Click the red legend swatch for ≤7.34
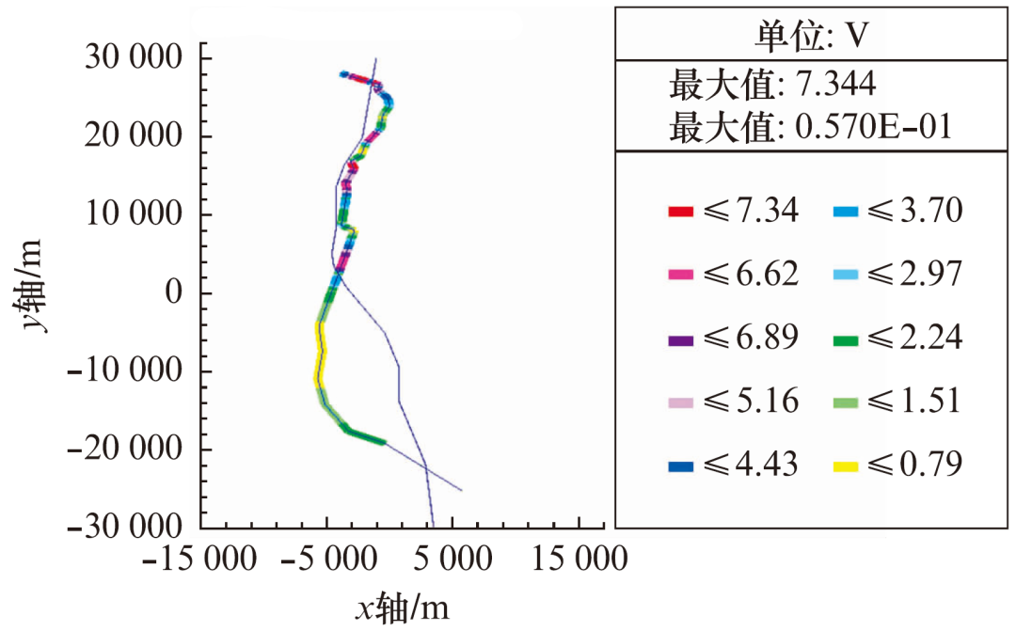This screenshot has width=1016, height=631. click(x=680, y=212)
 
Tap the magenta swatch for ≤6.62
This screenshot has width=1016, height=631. click(x=680, y=276)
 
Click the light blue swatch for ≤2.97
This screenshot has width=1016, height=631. click(x=846, y=276)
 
